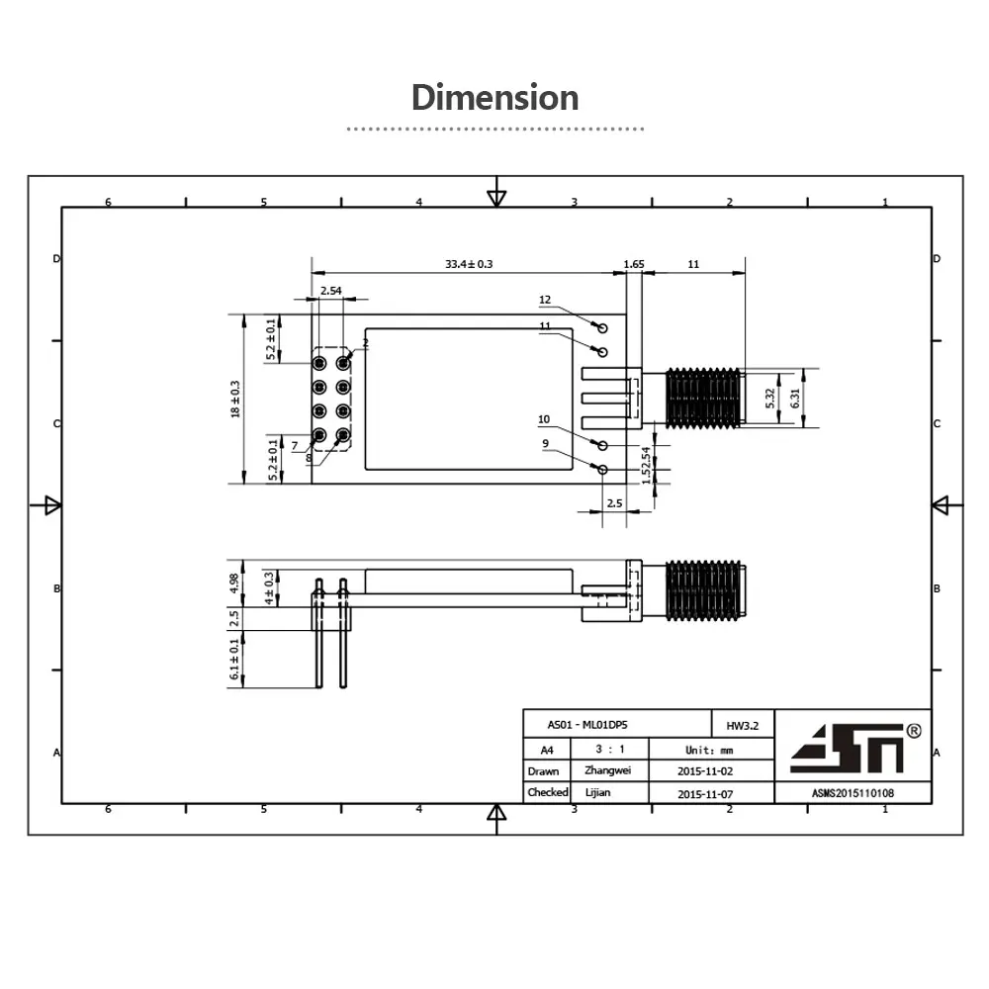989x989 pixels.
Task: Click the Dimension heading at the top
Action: (x=494, y=98)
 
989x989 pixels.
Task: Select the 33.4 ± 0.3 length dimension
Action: (x=469, y=264)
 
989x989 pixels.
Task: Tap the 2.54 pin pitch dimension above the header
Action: (x=330, y=291)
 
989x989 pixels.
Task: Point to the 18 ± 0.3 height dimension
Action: (x=235, y=399)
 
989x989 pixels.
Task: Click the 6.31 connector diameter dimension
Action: (x=795, y=399)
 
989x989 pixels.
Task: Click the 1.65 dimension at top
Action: (x=633, y=264)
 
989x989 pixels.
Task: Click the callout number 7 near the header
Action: (x=294, y=445)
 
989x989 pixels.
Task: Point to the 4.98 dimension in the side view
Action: (x=234, y=584)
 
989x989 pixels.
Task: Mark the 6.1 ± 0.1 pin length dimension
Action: (x=234, y=660)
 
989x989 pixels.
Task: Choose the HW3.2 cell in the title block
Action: (x=741, y=725)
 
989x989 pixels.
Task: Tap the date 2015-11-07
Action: (x=709, y=793)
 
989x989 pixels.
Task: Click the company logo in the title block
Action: (x=849, y=748)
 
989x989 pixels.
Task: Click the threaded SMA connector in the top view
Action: (x=703, y=399)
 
